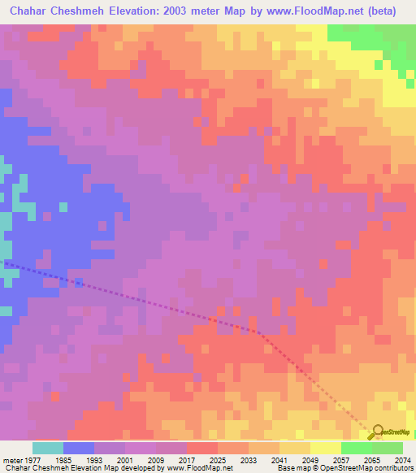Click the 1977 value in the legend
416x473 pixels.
point(27,459)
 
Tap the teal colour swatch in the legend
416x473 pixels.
point(48,448)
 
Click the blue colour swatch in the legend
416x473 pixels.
point(79,448)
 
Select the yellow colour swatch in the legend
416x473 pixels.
point(326,448)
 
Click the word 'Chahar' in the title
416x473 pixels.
point(29,11)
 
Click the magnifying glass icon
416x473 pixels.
point(376,432)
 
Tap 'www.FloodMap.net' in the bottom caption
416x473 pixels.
point(201,468)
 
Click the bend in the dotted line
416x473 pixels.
point(258,332)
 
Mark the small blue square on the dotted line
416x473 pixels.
point(79,282)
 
